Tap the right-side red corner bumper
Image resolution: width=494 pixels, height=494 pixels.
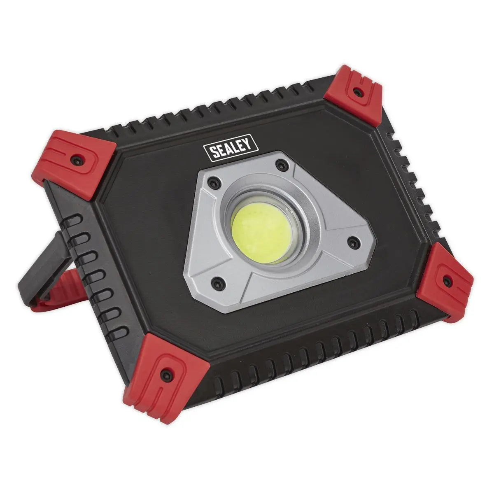[x=445, y=280]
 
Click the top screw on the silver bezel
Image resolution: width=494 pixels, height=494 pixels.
[x=281, y=165]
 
